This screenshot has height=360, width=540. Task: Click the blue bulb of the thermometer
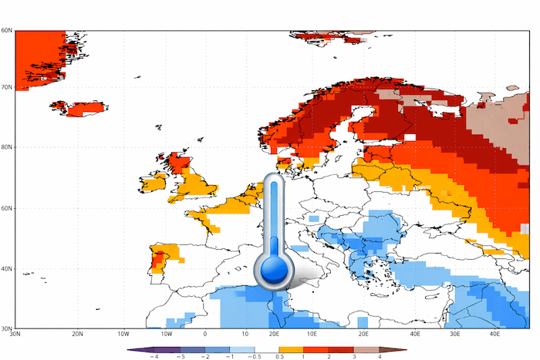point(274,270)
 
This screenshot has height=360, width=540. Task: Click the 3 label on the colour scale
point(354,357)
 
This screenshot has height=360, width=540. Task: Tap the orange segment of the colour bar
point(291,349)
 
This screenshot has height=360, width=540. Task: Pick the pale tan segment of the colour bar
point(366,349)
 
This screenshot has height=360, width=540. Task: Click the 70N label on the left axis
point(7,87)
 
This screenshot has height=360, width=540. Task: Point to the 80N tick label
point(7,147)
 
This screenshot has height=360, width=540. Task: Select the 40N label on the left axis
point(7,269)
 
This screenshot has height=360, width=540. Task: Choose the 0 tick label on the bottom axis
point(204,335)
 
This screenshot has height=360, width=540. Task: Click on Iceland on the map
point(77,109)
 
